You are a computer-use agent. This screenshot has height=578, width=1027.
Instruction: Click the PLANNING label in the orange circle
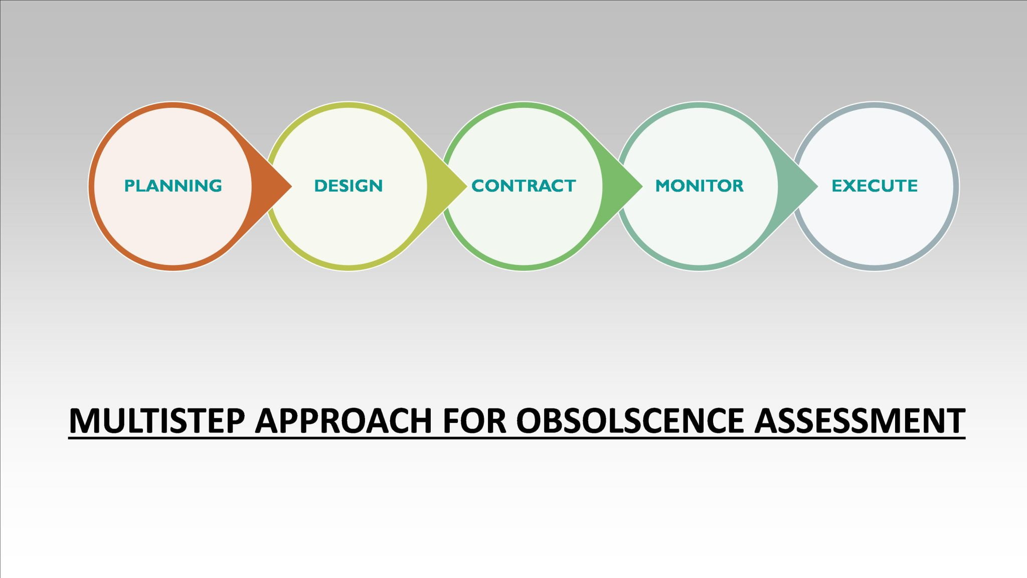(x=173, y=186)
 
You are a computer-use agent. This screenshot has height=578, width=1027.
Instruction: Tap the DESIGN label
(x=348, y=186)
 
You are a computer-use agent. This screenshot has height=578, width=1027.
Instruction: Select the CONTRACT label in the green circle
(x=524, y=186)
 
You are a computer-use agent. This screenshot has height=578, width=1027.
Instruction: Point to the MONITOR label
(x=699, y=186)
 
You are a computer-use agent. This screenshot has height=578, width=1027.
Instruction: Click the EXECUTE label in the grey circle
(x=875, y=186)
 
